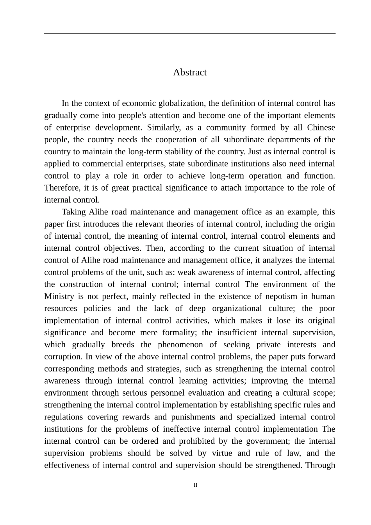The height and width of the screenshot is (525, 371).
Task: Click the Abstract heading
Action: [190, 72]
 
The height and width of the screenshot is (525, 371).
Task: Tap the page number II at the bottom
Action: [196, 485]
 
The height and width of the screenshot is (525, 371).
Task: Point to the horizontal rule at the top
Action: [190, 34]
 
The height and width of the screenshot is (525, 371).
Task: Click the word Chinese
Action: [321, 128]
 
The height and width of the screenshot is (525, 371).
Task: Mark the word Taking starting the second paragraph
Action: [74, 212]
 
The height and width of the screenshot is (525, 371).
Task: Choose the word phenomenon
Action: [182, 345]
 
